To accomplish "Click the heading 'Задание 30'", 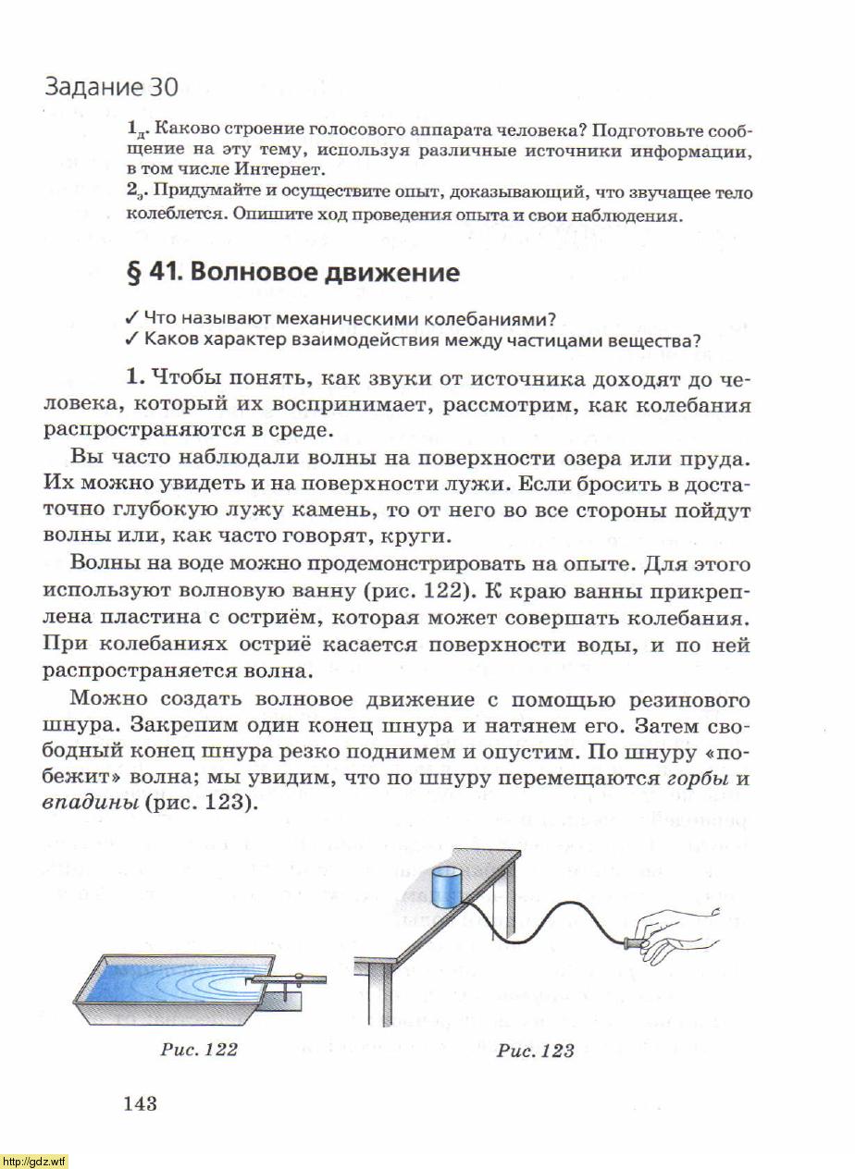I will (110, 88).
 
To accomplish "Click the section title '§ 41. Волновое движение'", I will (292, 273).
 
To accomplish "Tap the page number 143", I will (139, 1102).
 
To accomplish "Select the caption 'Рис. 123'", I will (535, 1050).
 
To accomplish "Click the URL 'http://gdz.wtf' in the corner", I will (34, 1161).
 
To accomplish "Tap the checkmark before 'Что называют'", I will (131, 319).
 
